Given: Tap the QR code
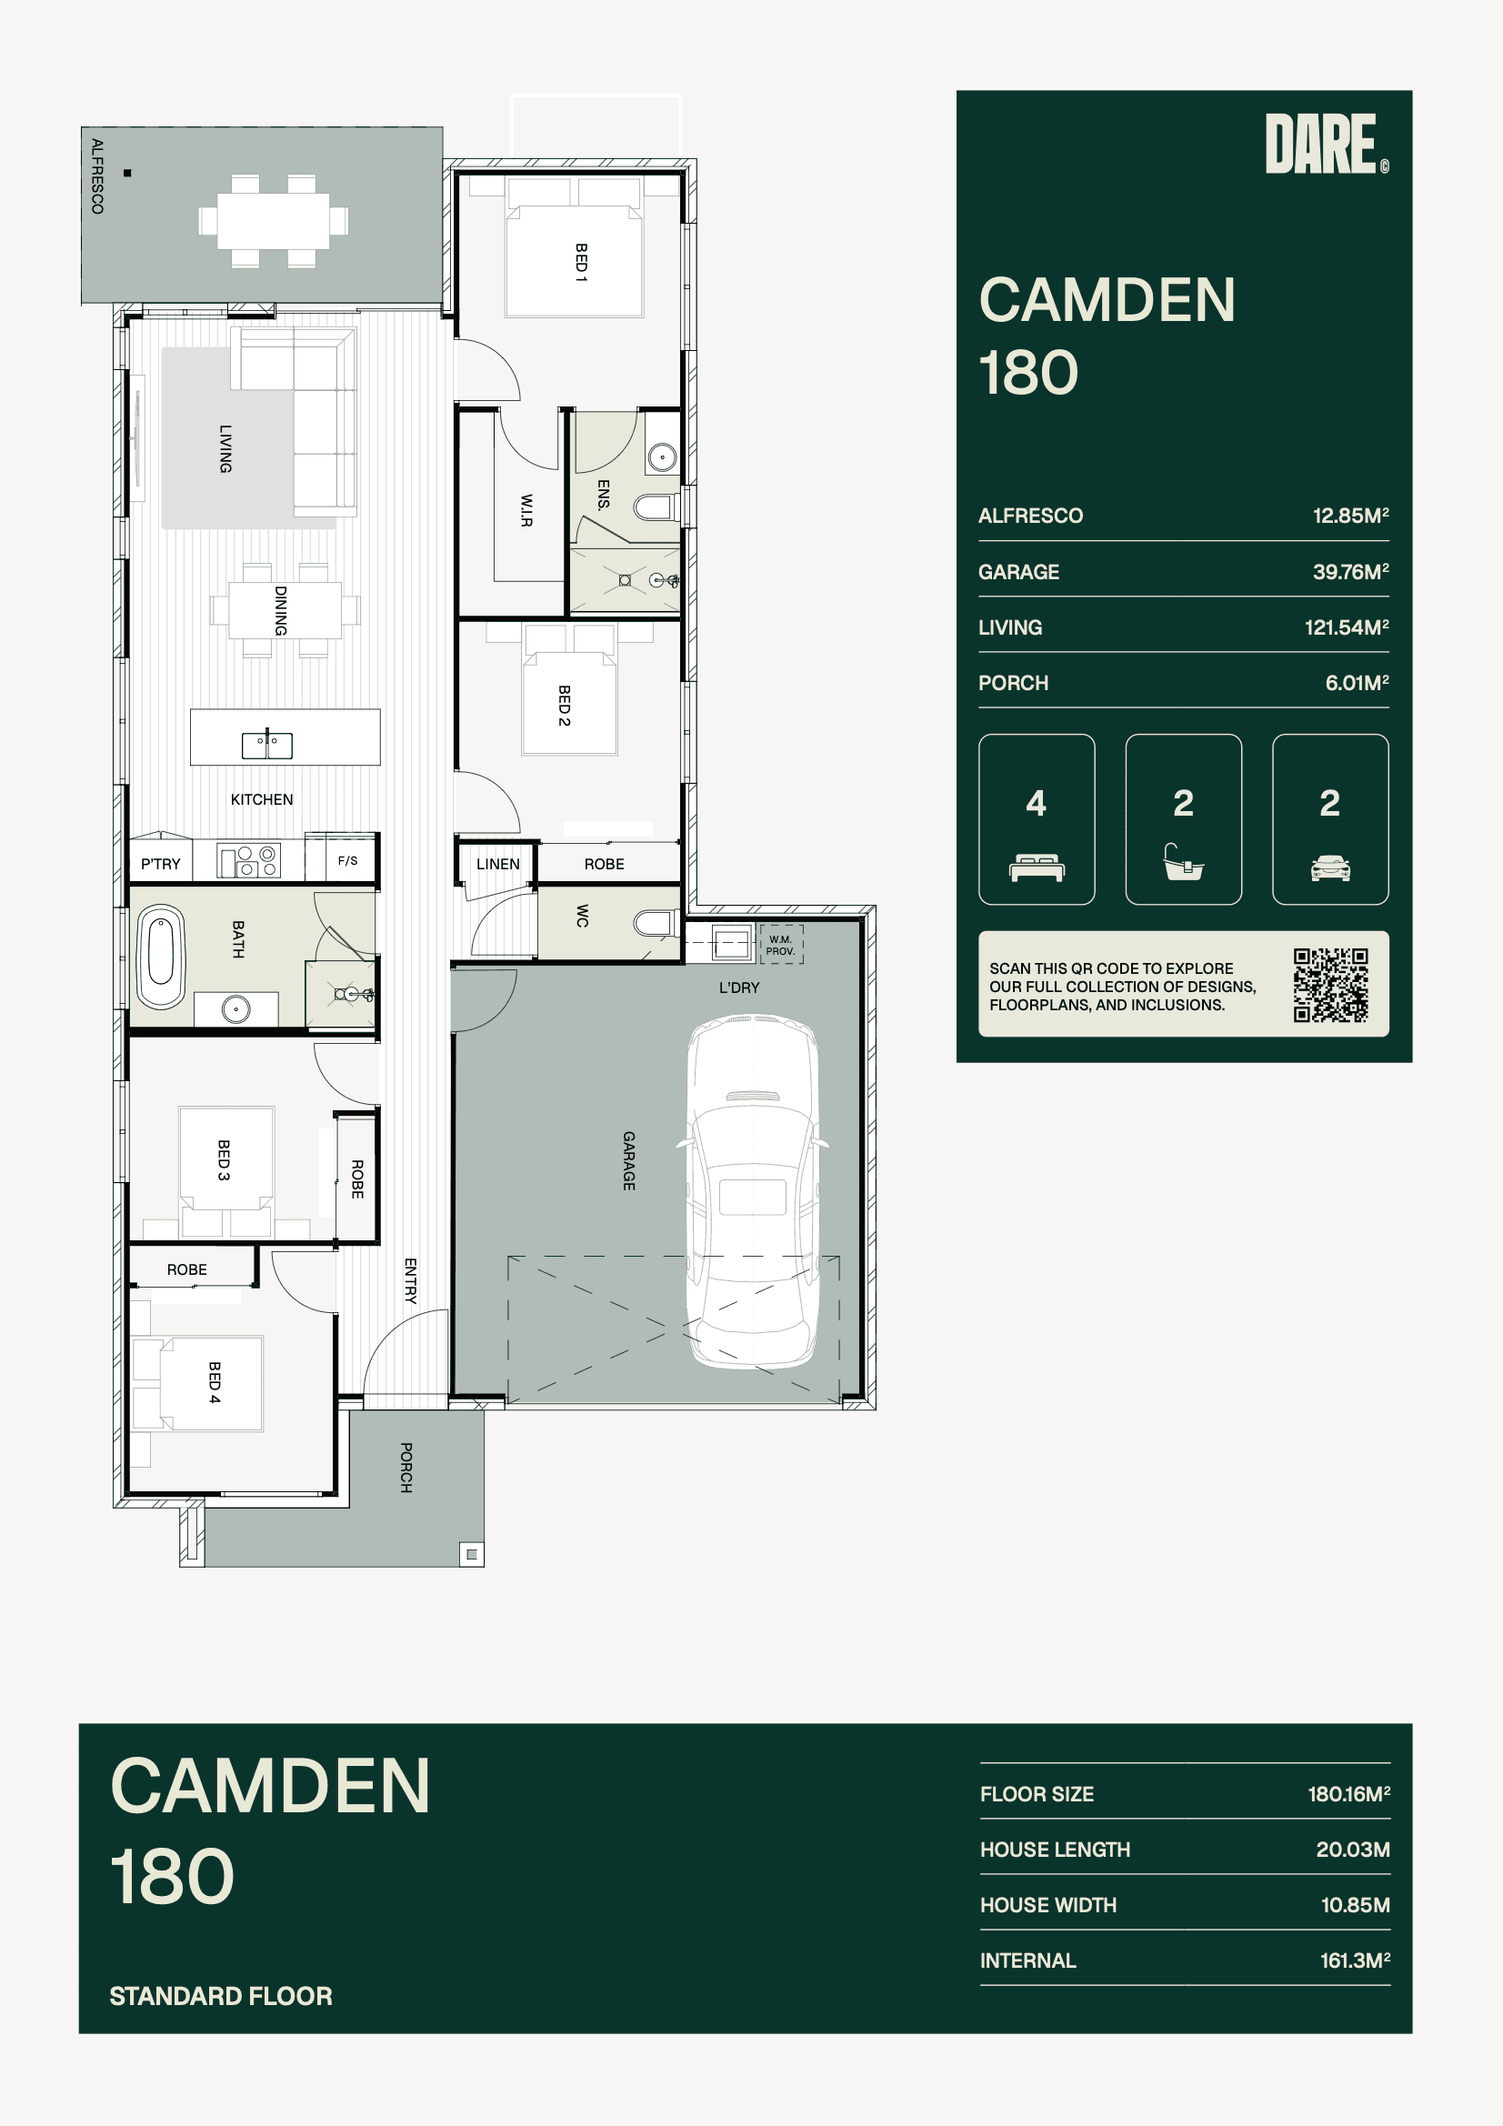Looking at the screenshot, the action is [x=1331, y=984].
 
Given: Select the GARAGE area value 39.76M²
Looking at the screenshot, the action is [x=1350, y=572].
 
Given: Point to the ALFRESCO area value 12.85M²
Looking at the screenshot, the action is [x=1350, y=516].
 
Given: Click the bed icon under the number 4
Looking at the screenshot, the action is [x=1037, y=867].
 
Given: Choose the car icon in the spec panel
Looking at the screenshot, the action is [x=1330, y=867].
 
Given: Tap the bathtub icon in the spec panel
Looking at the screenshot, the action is [x=1183, y=862].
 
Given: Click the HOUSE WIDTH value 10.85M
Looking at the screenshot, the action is [x=1355, y=1905].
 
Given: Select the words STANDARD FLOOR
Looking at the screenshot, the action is [x=220, y=1995].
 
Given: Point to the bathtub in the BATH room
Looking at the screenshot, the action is [x=161, y=956].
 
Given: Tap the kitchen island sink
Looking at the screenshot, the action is [x=266, y=745].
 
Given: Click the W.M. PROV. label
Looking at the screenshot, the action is [x=781, y=946].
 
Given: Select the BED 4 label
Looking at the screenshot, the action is [x=215, y=1382].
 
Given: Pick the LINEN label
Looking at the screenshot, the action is [x=497, y=864].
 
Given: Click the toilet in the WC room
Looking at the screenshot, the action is [x=656, y=923].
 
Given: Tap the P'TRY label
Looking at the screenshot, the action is [x=160, y=864].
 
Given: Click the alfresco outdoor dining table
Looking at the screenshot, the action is [x=273, y=220].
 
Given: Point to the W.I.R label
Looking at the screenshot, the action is [x=526, y=510].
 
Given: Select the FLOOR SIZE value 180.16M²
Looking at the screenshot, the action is [x=1348, y=1793].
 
